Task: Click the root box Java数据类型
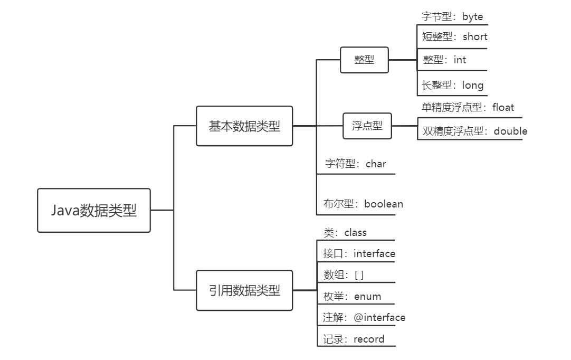[x=94, y=211]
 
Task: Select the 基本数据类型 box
[x=244, y=126]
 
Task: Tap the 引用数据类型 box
[x=244, y=290]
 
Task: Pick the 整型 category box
[x=364, y=60]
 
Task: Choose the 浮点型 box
[x=367, y=126]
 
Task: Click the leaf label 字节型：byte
[x=452, y=16]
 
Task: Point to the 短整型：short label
[x=454, y=36]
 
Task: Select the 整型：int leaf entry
[x=444, y=60]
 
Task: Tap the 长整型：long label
[x=453, y=85]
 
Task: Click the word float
[x=503, y=107]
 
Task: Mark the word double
[x=510, y=131]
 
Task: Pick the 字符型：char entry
[x=355, y=164]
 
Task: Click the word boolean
[x=384, y=204]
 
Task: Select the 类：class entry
[x=345, y=232]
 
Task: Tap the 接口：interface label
[x=359, y=253]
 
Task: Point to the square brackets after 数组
[x=359, y=274]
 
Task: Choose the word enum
[x=367, y=296]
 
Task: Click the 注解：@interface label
[x=364, y=317]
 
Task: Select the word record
[x=369, y=339]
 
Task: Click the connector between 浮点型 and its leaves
[x=405, y=126]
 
